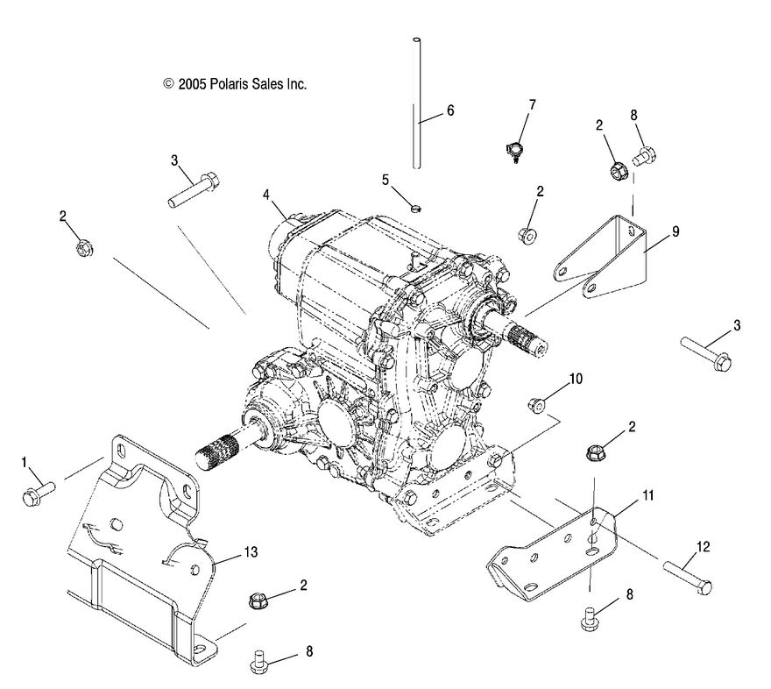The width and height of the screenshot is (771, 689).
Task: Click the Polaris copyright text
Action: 234,84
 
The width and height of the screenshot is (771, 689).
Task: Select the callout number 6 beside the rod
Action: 450,111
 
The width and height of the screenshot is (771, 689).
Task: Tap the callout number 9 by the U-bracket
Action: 676,232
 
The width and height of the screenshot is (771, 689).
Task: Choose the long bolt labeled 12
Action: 687,579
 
